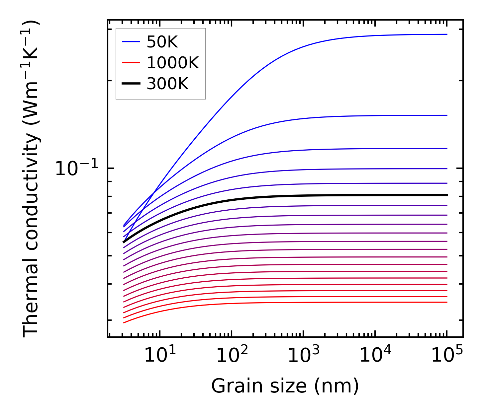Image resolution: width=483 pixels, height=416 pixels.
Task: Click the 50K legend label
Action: [162, 42]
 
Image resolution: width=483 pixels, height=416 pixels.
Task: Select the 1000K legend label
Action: [173, 63]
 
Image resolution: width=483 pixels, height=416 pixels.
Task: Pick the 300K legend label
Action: [167, 84]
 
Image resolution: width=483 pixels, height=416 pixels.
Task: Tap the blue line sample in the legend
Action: [131, 42]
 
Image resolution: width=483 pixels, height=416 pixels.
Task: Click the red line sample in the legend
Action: [131, 63]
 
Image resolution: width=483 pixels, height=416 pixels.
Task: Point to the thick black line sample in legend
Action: [131, 84]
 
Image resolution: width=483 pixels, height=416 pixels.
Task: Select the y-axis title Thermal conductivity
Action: [31, 178]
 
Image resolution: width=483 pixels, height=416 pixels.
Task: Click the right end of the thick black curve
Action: [447, 195]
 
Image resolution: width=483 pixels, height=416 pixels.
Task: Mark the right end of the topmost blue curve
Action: [447, 34]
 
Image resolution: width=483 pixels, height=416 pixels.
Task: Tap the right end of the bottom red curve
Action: [447, 302]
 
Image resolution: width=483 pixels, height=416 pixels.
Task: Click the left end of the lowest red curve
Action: [124, 322]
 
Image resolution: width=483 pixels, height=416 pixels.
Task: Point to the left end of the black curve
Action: [124, 242]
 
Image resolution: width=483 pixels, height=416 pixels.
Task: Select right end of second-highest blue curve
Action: [447, 115]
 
